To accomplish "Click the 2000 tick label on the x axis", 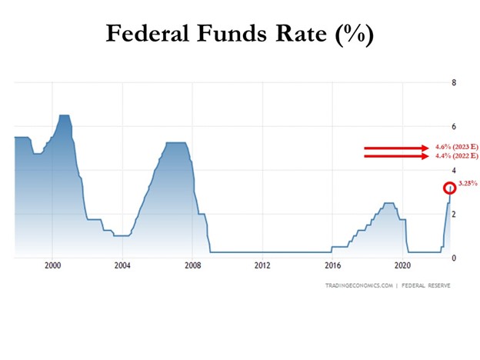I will click(52, 267).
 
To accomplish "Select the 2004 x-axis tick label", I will click(122, 267).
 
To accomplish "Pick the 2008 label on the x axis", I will click(192, 267).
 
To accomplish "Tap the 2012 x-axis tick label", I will click(262, 267).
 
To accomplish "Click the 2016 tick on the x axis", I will click(332, 267).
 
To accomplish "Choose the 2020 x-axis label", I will click(402, 267).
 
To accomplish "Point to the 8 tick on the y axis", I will click(454, 82).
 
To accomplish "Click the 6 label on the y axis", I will click(454, 126).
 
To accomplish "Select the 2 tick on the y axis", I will click(454, 214).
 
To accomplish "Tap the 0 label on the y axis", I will click(454, 258).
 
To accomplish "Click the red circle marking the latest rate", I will click(450, 188).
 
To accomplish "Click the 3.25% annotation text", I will click(467, 184).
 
